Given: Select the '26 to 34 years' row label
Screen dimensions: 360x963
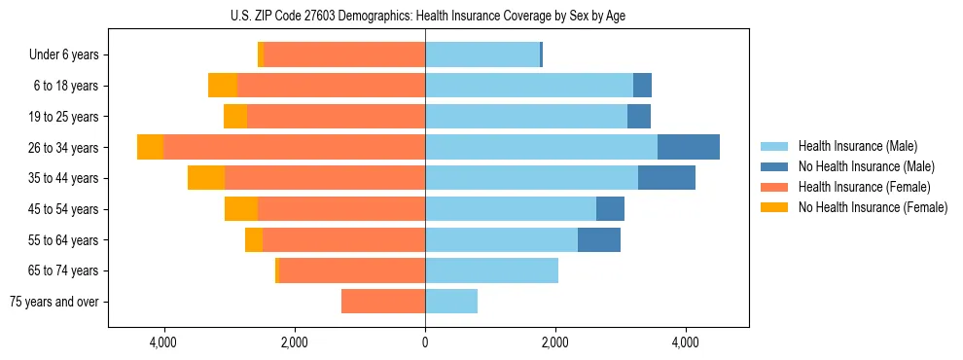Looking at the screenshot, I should click(x=63, y=148).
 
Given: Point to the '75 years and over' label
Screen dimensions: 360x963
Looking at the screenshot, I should click(x=54, y=302).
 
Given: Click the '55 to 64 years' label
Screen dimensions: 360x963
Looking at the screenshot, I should click(x=63, y=240).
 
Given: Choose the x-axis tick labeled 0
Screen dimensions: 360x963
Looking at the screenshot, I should click(x=425, y=342).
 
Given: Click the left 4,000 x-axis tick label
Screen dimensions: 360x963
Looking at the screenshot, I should click(x=163, y=342).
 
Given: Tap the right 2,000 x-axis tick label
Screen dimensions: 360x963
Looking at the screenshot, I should click(x=555, y=342).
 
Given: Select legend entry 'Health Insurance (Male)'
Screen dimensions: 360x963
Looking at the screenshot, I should click(x=856, y=146).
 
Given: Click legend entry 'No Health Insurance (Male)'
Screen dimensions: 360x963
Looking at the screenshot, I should click(x=865, y=166).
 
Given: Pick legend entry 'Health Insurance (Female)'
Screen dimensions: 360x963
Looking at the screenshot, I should click(x=864, y=187).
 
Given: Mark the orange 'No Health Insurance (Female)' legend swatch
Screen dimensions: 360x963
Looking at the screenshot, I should click(x=775, y=207).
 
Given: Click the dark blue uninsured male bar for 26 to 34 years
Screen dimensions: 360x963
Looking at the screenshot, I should click(x=689, y=147).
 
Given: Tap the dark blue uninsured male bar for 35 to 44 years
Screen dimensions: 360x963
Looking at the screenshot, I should click(x=666, y=178).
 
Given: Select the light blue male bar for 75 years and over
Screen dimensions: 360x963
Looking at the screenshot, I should click(x=451, y=302).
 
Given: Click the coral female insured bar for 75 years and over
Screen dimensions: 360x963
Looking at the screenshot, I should click(x=383, y=302).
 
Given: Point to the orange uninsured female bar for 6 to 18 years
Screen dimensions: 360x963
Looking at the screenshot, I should click(x=223, y=86).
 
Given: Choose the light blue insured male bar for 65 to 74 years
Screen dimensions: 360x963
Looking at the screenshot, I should click(x=491, y=270).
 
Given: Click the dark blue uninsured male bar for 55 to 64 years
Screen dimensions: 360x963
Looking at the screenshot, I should click(x=599, y=240).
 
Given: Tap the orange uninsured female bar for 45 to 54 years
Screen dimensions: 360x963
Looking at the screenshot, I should click(x=241, y=209).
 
